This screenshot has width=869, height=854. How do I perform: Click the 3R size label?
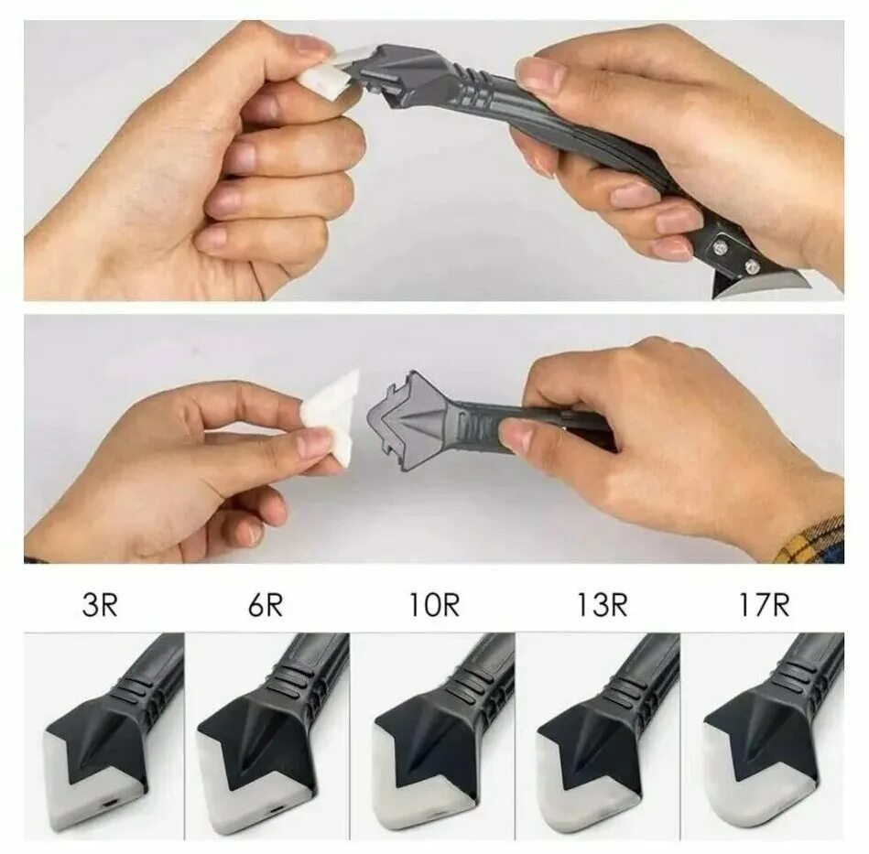[100, 606]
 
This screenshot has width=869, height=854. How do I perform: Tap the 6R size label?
[265, 606]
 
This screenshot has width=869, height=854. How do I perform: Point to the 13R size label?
[602, 606]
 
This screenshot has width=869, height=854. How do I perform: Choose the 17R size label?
[763, 606]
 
